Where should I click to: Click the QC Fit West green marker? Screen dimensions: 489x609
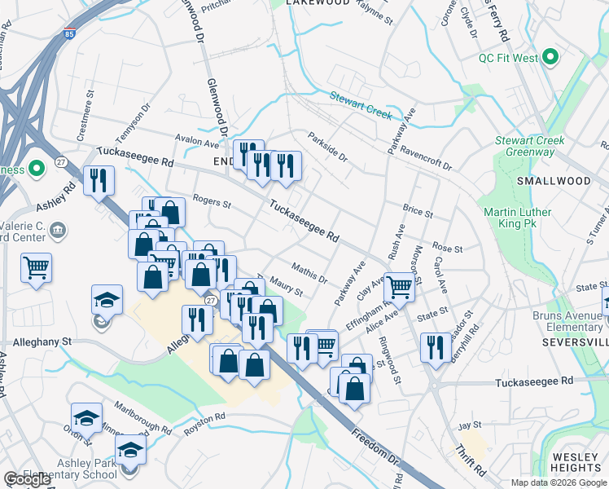point(550,57)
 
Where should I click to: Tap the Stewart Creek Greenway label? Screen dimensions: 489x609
point(529,147)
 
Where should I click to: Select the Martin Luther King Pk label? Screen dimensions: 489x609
point(518,218)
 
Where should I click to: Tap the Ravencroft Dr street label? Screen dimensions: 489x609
point(426,157)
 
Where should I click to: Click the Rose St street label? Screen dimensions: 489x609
point(447,247)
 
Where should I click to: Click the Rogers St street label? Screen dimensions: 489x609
point(212,201)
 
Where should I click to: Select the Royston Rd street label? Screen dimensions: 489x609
point(204,424)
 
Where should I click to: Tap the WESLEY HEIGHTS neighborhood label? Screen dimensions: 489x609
point(576,462)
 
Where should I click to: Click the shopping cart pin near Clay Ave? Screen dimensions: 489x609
point(399,287)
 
